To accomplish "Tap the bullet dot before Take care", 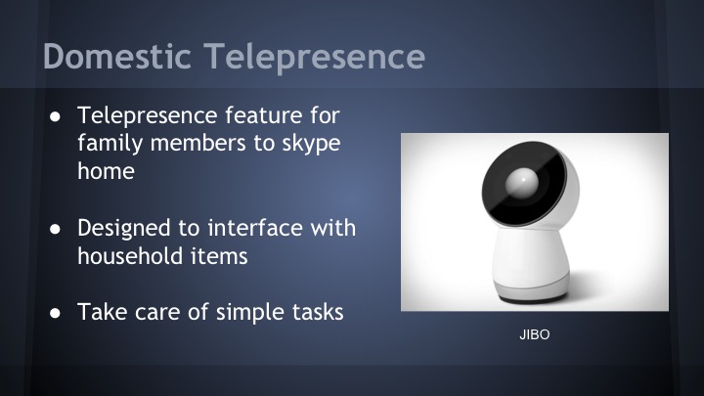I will tap(55, 315).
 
